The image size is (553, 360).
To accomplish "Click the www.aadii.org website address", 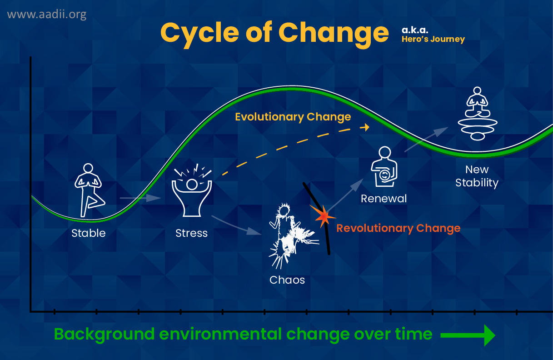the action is coord(47,15).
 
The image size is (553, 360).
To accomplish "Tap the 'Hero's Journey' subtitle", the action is coord(433,39).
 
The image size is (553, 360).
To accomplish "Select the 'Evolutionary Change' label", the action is coord(293,117).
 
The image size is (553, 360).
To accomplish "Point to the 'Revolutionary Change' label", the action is coord(398,228).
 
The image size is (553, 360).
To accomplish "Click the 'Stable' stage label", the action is coord(89,233).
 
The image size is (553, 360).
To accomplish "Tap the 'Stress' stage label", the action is coord(192,233).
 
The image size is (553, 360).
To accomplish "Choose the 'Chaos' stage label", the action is coord(287,280).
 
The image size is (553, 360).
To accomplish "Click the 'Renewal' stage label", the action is coord(384,199).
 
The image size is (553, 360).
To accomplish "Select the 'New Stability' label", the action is coord(477,176).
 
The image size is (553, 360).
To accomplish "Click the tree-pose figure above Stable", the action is coord(90,190).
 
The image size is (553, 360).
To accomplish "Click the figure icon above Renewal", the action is coord(384,167).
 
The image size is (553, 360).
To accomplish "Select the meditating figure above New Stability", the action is coord(478,114).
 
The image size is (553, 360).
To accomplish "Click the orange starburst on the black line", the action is coord(323,216).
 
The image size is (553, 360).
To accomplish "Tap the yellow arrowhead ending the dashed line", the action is coord(365,127).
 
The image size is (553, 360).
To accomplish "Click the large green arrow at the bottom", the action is coord(468,335).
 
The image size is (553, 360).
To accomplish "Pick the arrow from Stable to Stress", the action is coord(140,198).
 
